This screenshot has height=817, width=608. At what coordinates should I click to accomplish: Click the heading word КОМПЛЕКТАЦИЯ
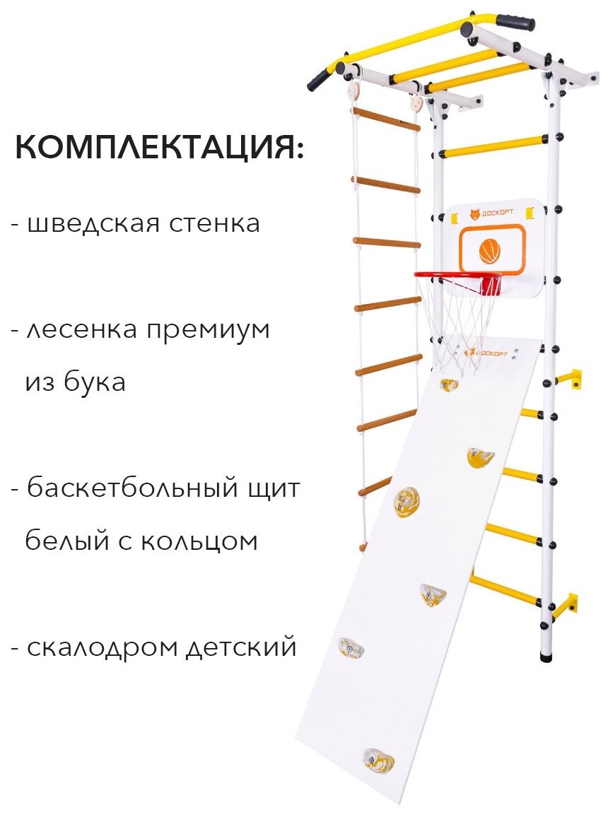click(158, 148)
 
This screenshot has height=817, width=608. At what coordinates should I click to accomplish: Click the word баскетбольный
click(129, 488)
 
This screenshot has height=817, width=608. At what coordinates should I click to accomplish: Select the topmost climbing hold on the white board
click(449, 384)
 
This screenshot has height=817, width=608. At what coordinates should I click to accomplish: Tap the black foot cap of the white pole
click(546, 657)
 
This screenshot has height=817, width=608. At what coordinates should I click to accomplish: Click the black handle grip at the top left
click(317, 81)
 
